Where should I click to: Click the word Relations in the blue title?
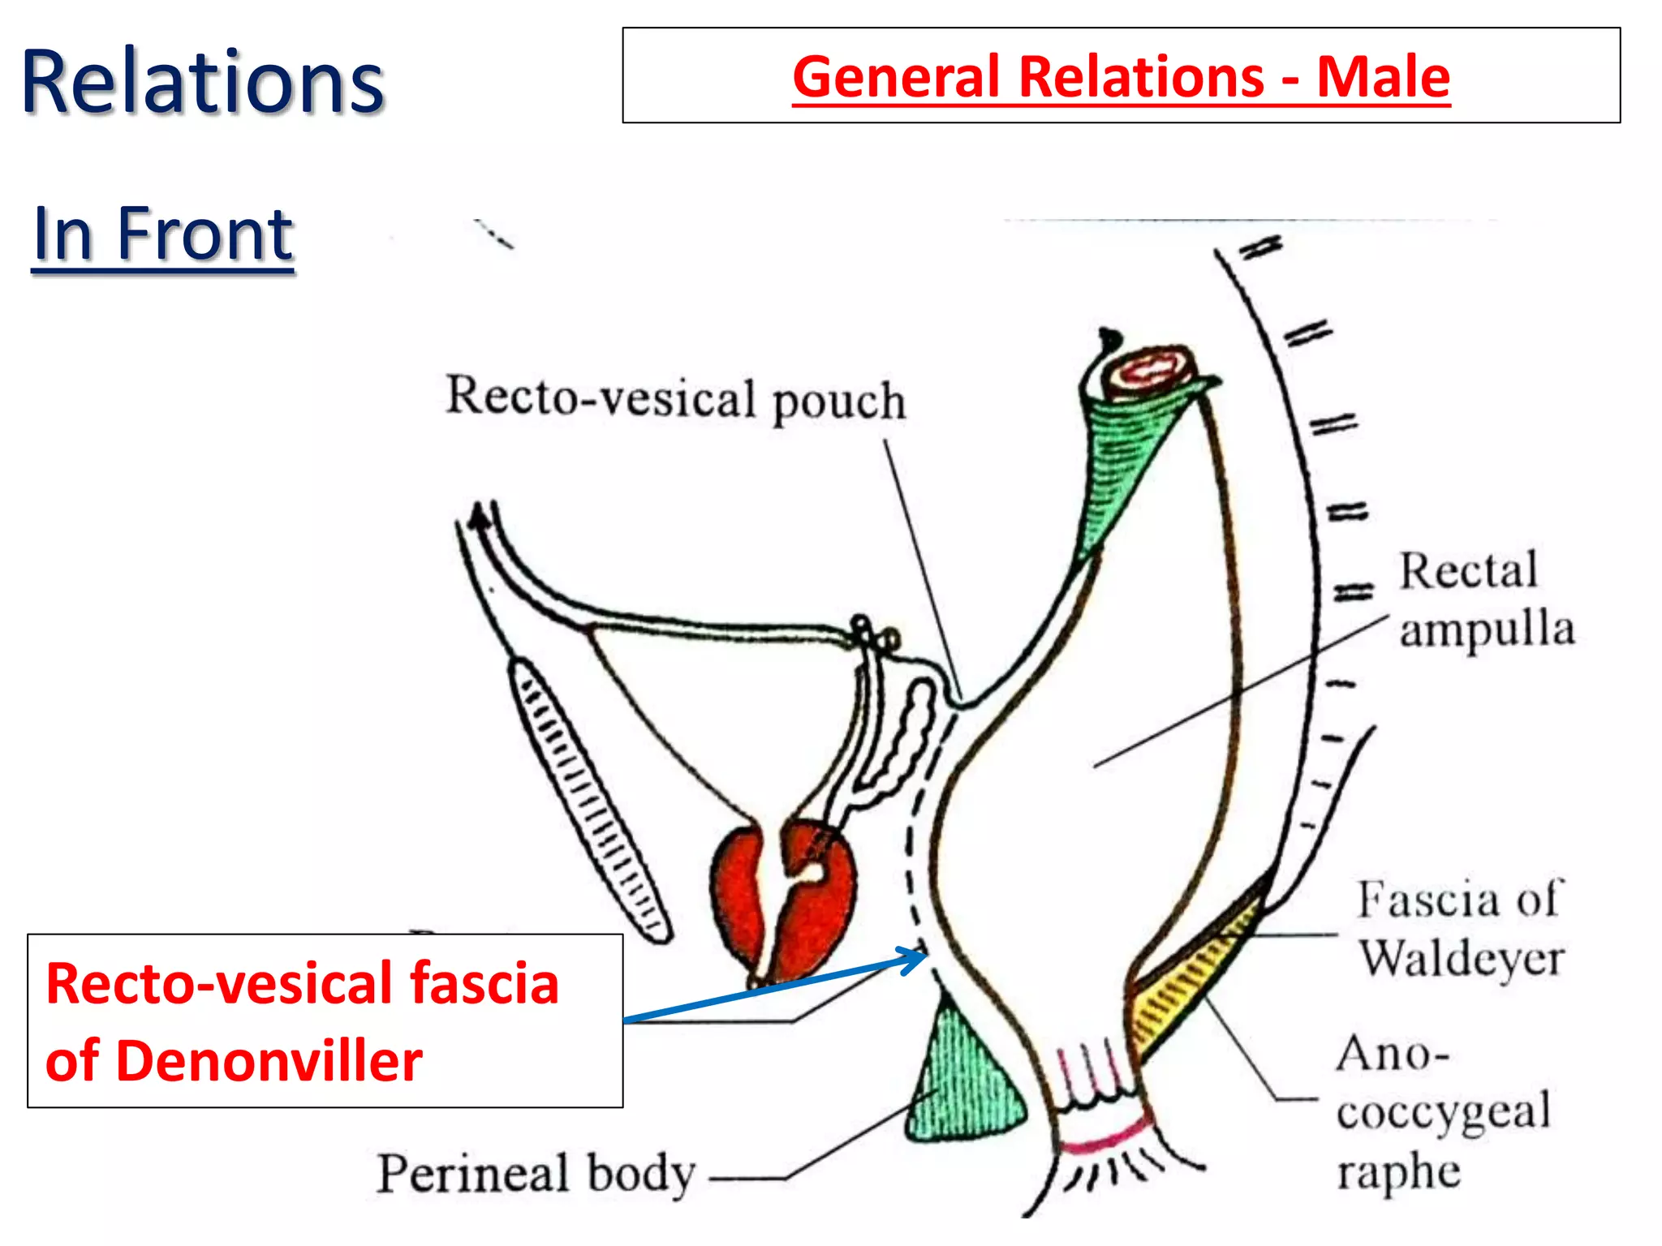(x=202, y=82)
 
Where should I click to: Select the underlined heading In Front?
(x=163, y=234)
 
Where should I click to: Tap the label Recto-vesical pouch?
(x=675, y=398)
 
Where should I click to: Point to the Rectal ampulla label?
(x=1485, y=599)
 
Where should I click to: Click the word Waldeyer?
(x=1461, y=959)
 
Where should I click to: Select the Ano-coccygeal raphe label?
(x=1441, y=1111)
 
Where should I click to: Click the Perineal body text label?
(x=536, y=1174)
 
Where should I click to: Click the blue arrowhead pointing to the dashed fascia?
(x=917, y=958)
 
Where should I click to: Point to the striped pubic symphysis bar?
(x=588, y=799)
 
